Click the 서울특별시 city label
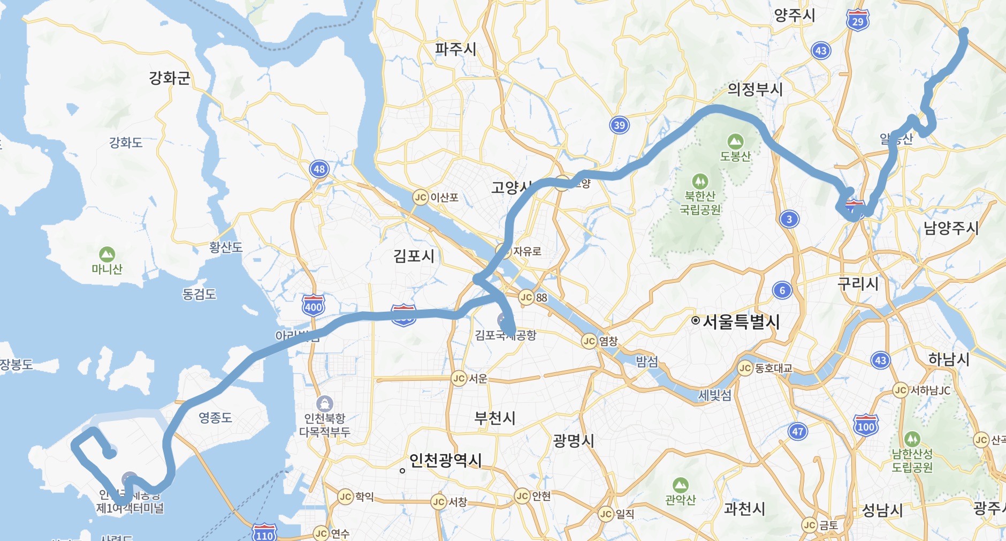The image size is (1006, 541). click(x=741, y=321)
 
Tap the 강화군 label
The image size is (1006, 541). click(x=170, y=78)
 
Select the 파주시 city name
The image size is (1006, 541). click(x=455, y=49)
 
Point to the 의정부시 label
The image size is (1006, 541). click(x=755, y=89)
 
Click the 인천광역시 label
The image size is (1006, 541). click(x=445, y=460)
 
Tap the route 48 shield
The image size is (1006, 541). click(x=319, y=169)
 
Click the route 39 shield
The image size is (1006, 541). click(x=619, y=125)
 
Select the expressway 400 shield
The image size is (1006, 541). click(x=313, y=306)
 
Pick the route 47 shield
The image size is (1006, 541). click(x=798, y=431)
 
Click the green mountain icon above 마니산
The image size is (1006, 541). click(x=107, y=254)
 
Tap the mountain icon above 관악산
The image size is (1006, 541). click(x=680, y=485)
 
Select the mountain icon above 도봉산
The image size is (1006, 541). click(x=735, y=141)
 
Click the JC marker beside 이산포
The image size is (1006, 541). click(x=421, y=197)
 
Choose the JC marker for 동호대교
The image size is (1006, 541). click(x=745, y=368)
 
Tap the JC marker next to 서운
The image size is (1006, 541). click(x=459, y=379)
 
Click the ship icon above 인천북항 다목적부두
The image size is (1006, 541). click(x=325, y=403)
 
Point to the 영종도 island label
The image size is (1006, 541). click(x=215, y=417)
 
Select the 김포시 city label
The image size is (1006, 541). click(x=414, y=256)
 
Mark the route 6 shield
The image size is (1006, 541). click(x=782, y=290)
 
